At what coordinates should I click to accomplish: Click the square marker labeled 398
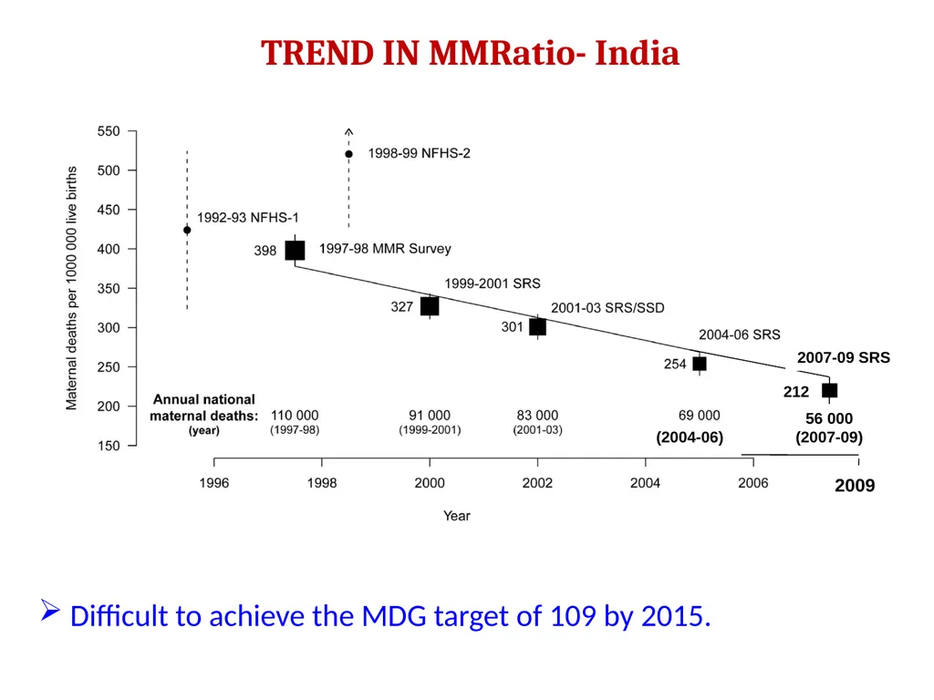(295, 250)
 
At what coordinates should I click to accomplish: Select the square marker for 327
(430, 306)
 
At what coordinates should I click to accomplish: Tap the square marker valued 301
(537, 327)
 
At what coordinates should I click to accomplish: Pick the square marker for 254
(700, 364)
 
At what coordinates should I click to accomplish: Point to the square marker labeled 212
(829, 390)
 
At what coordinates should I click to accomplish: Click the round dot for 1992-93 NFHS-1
(187, 230)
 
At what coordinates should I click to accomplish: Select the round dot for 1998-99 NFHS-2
(349, 154)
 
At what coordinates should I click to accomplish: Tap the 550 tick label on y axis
(109, 131)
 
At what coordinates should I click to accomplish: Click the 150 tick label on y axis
(109, 446)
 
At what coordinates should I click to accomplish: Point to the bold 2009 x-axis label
(855, 486)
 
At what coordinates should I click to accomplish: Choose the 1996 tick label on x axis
(213, 483)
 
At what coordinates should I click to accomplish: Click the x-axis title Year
(457, 516)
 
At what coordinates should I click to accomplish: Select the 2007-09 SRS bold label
(844, 357)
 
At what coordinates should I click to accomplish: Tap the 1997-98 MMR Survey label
(385, 249)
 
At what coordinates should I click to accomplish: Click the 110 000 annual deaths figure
(295, 415)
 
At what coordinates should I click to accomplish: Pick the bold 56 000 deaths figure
(829, 418)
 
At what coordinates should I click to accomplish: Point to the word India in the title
(637, 53)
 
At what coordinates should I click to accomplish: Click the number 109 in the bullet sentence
(573, 616)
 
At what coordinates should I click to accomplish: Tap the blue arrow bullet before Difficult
(50, 610)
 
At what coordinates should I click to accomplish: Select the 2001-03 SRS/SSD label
(607, 308)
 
